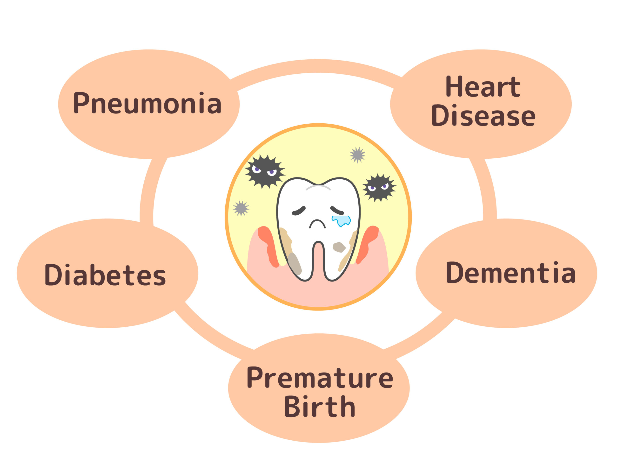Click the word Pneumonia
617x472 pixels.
pyautogui.click(x=147, y=103)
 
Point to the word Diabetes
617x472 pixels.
pyautogui.click(x=105, y=275)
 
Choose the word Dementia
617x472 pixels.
pyautogui.click(x=510, y=273)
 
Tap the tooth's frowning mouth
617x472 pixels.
pyautogui.click(x=317, y=224)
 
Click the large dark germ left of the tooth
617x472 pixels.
pyautogui.click(x=264, y=171)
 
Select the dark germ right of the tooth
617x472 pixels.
pyautogui.click(x=379, y=187)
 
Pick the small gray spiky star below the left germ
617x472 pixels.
pyautogui.click(x=241, y=208)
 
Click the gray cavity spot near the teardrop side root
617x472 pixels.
pyautogui.click(x=339, y=247)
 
